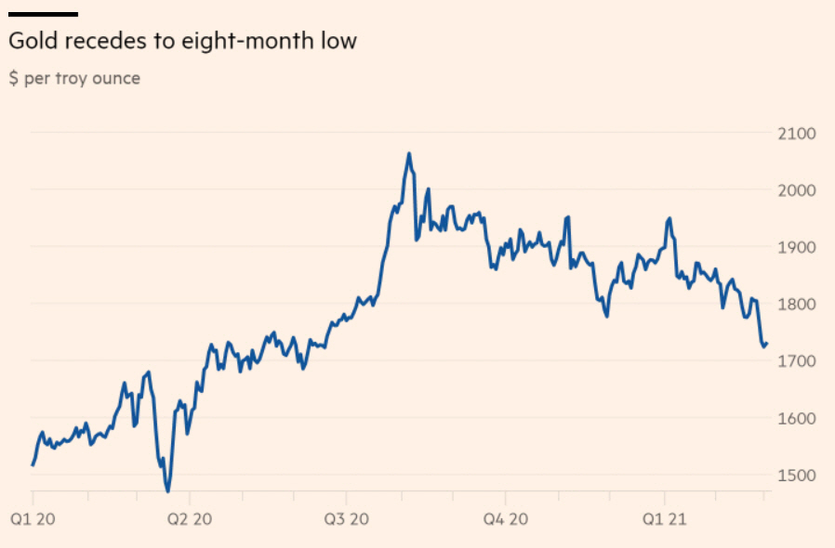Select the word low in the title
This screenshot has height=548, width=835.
[x=338, y=42]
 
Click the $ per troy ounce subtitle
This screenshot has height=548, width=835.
[x=74, y=79]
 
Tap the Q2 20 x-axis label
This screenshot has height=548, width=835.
[x=190, y=517]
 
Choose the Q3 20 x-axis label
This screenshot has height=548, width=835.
[x=348, y=517]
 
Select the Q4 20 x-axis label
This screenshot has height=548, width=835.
[x=507, y=517]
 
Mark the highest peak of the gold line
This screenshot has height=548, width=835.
[x=409, y=153]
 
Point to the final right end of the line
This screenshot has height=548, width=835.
[x=767, y=344]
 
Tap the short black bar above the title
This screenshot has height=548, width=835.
[x=43, y=14]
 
